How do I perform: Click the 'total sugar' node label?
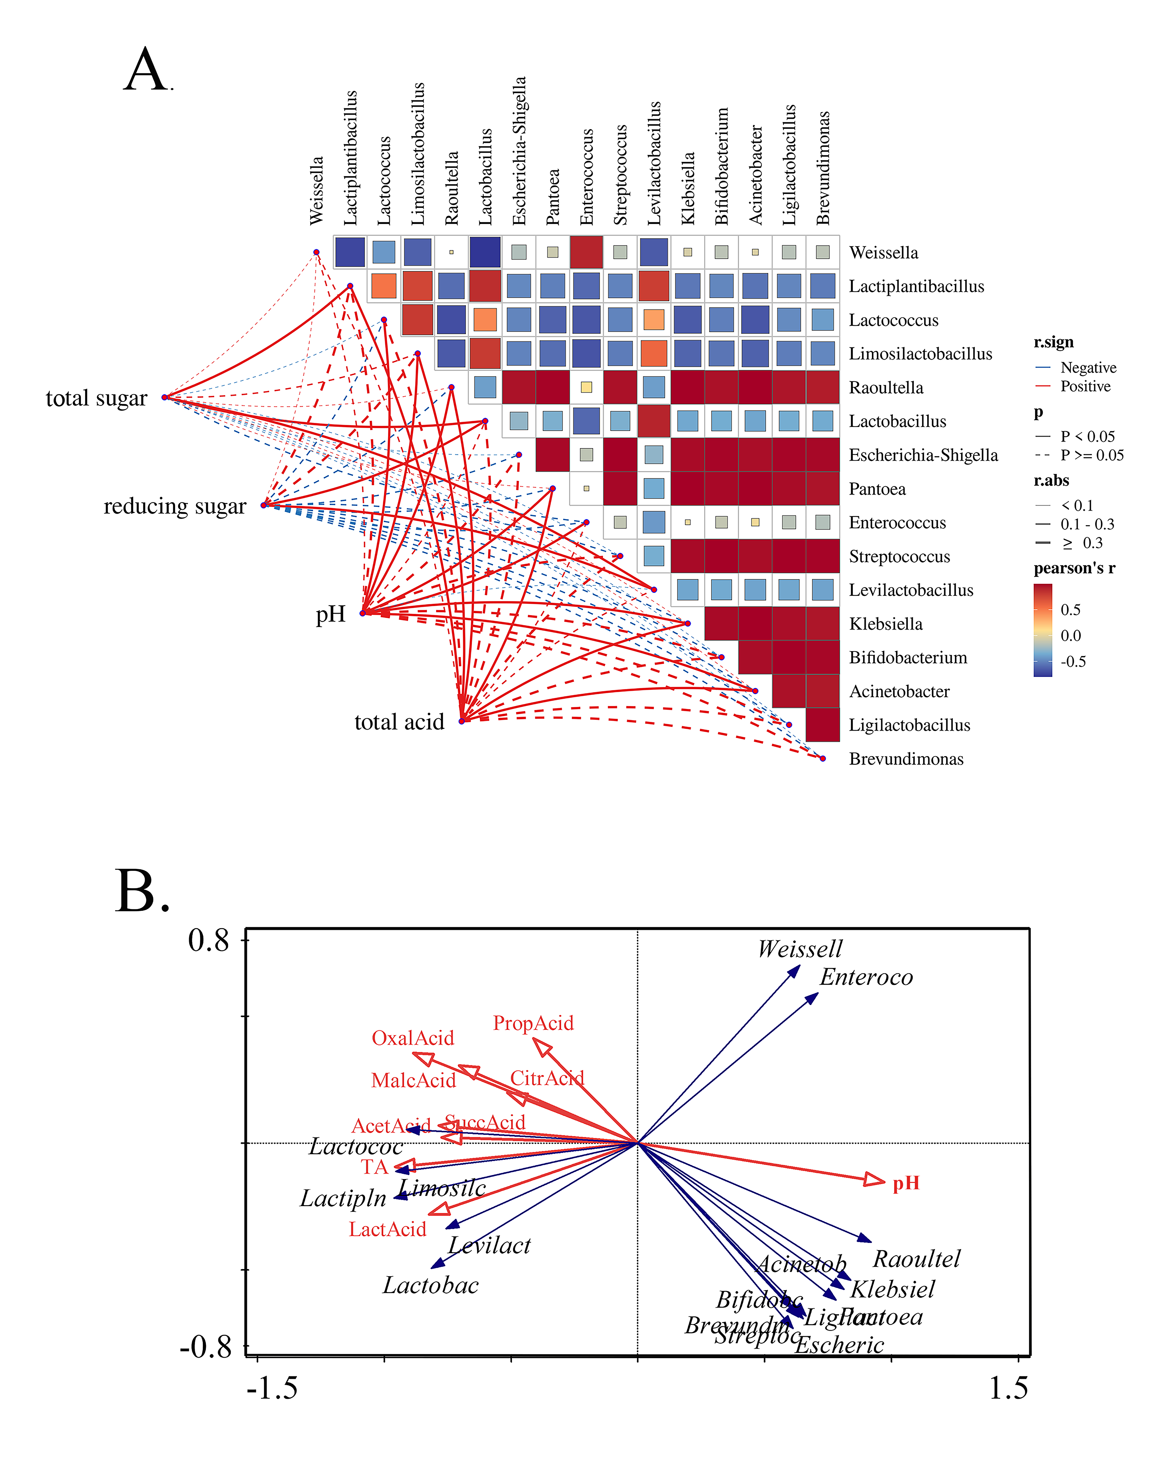coord(96,398)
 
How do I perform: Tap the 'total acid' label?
coord(399,722)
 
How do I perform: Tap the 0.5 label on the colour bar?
coord(1070,610)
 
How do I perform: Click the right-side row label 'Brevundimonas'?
coord(906,759)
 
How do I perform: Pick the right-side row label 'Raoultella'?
coord(886,388)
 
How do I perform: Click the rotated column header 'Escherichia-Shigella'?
coord(519,151)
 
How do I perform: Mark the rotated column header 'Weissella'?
coord(316,191)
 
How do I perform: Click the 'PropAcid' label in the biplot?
coord(533,1023)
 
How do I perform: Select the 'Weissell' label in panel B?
coord(799,949)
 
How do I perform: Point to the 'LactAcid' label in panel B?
coord(388,1229)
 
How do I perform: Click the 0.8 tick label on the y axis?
coord(209,940)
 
